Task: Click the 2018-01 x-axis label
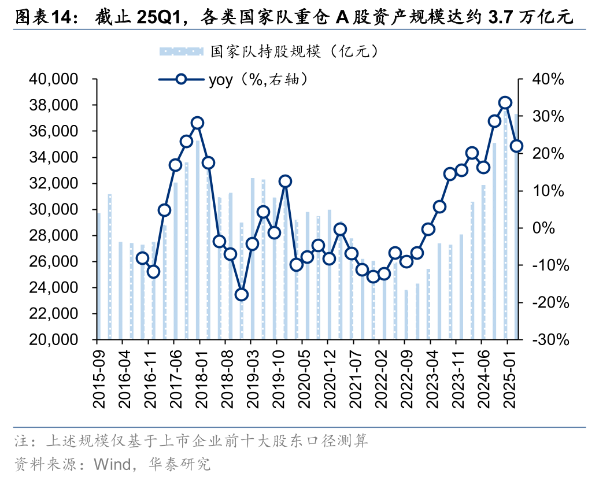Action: (x=198, y=376)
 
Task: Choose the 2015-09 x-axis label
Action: (x=97, y=376)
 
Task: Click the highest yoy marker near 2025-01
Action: (x=505, y=103)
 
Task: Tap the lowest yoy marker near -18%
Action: (x=242, y=295)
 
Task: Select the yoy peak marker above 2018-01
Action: (x=198, y=123)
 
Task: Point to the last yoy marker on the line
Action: (x=516, y=146)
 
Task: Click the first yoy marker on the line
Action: (x=143, y=258)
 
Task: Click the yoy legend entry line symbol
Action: (x=181, y=79)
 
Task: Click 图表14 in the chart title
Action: (x=43, y=17)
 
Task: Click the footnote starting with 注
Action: (x=191, y=442)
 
